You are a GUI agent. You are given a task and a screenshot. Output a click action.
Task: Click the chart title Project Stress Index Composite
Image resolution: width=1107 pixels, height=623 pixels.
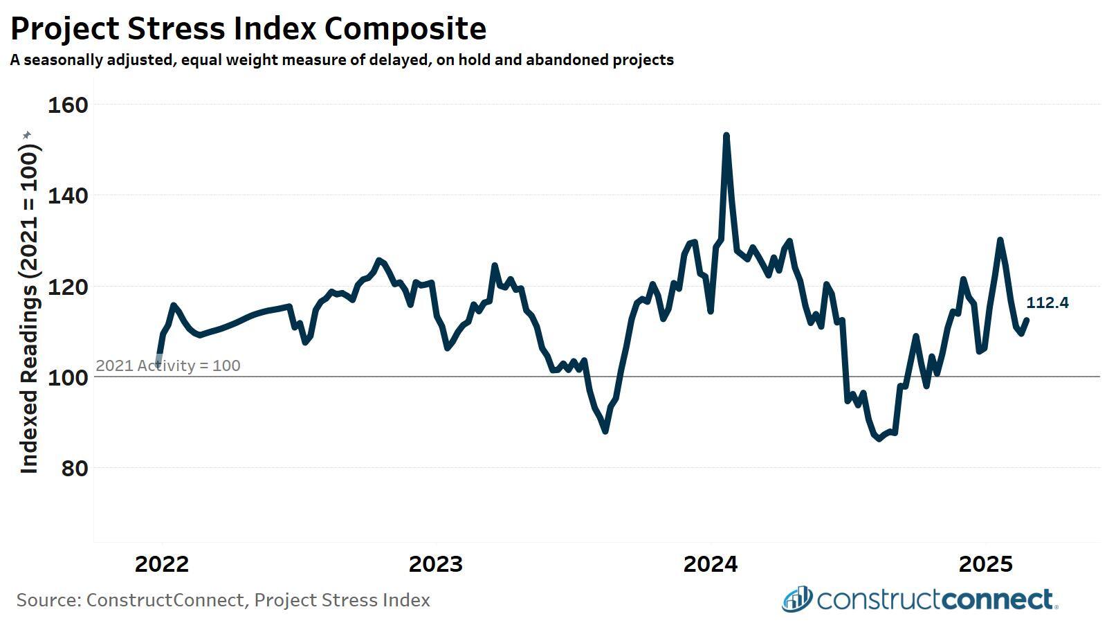[x=248, y=29]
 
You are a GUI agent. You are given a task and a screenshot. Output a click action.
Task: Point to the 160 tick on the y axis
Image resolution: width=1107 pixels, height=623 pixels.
[x=67, y=105]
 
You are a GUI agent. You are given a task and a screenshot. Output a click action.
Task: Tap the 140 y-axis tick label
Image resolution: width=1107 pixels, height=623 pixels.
[x=67, y=196]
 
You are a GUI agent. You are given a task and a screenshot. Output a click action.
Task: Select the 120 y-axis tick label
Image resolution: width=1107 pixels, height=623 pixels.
[x=67, y=287]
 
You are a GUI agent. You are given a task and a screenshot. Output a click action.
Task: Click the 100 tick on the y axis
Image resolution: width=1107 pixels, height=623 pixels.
[x=67, y=378]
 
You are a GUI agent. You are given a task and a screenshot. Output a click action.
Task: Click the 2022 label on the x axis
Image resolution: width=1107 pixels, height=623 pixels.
[x=162, y=564]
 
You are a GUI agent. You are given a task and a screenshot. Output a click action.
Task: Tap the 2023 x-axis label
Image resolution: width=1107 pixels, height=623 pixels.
[x=436, y=564]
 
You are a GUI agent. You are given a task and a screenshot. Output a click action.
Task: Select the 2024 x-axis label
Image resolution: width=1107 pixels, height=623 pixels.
[x=711, y=564]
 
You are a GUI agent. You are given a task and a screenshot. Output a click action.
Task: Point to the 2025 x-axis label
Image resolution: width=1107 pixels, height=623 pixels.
[x=985, y=564]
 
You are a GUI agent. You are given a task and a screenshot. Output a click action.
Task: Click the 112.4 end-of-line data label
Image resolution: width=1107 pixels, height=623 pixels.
[x=1047, y=303]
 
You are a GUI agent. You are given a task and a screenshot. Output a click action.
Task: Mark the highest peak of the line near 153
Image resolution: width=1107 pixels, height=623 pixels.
[x=726, y=136]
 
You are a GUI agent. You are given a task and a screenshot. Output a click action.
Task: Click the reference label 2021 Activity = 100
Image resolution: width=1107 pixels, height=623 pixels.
[x=168, y=365]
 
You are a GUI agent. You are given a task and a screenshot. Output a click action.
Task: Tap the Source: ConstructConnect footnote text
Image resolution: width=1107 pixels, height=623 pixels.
[x=223, y=599]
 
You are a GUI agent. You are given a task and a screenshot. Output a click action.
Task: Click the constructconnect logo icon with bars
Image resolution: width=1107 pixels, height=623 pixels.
[x=797, y=599]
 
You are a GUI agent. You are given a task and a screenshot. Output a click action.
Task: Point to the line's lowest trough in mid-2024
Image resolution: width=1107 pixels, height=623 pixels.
[x=879, y=438]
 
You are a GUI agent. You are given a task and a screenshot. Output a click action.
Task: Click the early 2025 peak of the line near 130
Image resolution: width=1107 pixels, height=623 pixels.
[x=1000, y=240]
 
